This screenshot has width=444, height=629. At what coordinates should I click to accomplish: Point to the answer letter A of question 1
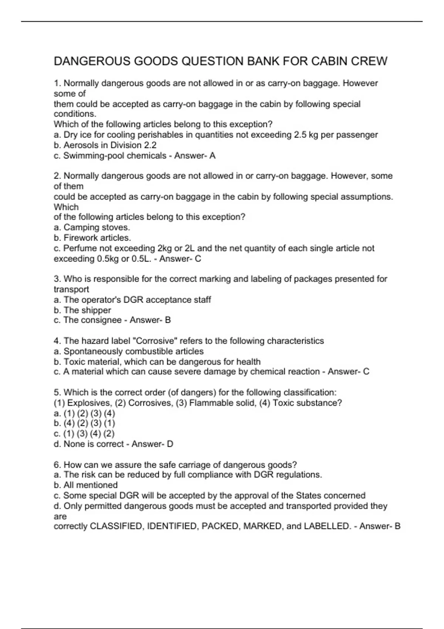pyautogui.click(x=212, y=155)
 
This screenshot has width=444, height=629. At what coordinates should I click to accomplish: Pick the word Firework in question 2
pyautogui.click(x=81, y=238)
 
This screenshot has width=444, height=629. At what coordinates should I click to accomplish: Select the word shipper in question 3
pyautogui.click(x=97, y=310)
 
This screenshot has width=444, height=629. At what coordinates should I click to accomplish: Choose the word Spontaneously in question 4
pyautogui.click(x=91, y=351)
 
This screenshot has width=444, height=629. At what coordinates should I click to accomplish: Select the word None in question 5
pyautogui.click(x=74, y=444)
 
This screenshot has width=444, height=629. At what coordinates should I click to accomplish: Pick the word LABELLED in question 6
pyautogui.click(x=327, y=526)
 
